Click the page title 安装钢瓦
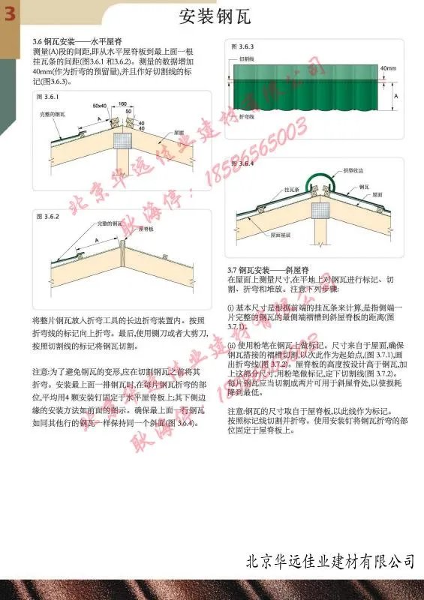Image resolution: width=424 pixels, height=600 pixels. pos(214,15)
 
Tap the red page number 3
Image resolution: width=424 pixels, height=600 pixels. pos(11,14)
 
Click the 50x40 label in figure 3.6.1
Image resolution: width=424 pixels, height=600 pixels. pos(99,107)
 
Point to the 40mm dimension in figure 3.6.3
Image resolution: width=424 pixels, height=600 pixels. pos(388,68)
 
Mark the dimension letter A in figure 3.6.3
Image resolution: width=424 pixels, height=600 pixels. pos(395,96)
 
